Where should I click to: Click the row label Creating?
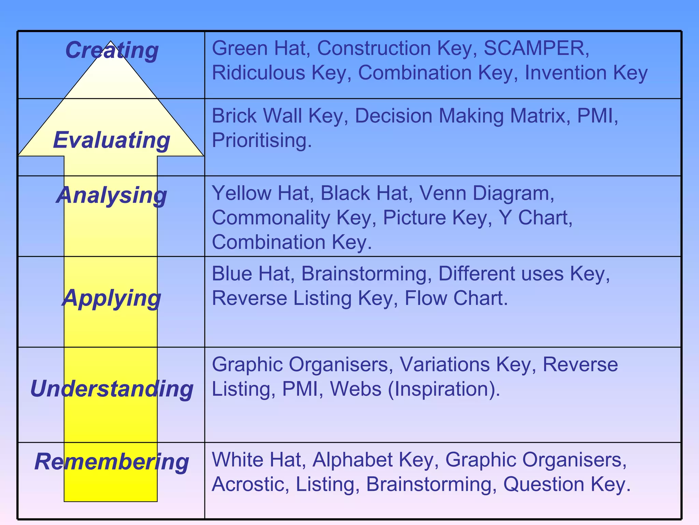(x=112, y=51)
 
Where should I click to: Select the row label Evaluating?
(x=112, y=140)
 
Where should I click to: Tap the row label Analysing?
(x=112, y=196)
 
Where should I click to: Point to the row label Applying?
(x=112, y=298)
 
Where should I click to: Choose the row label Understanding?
(x=112, y=389)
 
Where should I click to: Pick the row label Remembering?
(x=112, y=462)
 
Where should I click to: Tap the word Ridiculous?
(x=258, y=73)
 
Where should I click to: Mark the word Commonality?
(x=271, y=218)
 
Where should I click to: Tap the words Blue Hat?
(x=251, y=274)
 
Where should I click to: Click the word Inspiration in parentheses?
(x=444, y=389)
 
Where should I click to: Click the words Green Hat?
(x=259, y=48)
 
